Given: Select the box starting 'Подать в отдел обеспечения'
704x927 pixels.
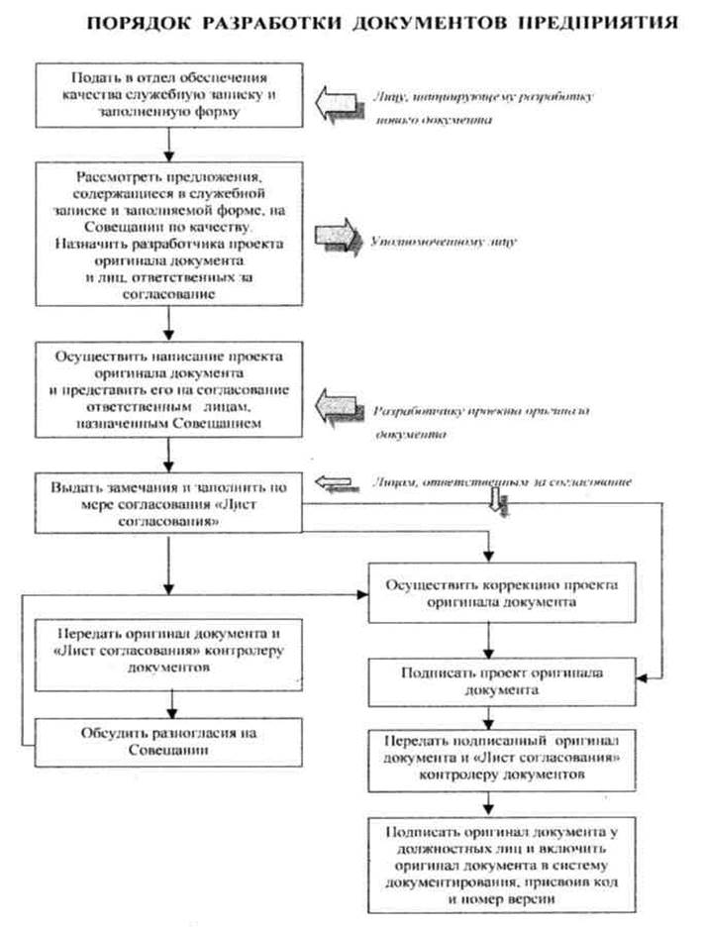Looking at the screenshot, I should tap(171, 96).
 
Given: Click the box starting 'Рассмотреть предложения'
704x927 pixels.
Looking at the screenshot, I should tap(171, 232).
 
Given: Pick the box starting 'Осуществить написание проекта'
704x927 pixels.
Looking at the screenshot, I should tap(171, 387).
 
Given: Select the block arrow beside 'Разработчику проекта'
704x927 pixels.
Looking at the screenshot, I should tap(339, 407).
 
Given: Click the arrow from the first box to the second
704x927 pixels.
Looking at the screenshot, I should tap(171, 143).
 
